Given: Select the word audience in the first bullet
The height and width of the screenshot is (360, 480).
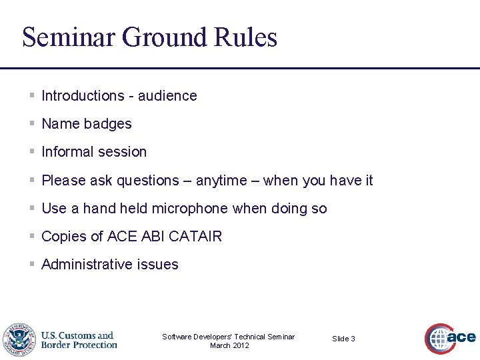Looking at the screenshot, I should (x=167, y=96).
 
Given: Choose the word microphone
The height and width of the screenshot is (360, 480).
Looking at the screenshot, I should (x=190, y=209).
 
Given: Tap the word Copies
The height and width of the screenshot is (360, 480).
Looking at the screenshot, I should (x=63, y=237).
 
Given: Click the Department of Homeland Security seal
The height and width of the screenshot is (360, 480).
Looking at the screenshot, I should (x=19, y=340).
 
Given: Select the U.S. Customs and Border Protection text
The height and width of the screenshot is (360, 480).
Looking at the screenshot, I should (x=79, y=340).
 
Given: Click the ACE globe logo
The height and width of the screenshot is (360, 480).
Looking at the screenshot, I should (x=441, y=339).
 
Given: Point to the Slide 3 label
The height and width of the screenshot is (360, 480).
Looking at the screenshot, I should (x=343, y=339).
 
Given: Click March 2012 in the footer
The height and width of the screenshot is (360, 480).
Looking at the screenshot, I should (x=229, y=345).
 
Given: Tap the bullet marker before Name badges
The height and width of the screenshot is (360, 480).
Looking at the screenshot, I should (x=32, y=124).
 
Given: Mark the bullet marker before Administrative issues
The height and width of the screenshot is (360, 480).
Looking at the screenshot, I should (x=32, y=265).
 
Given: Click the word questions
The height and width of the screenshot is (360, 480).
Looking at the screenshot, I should (x=148, y=181).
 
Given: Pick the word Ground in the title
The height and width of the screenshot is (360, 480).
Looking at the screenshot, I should (x=165, y=37).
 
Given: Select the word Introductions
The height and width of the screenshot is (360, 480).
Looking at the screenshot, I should (x=83, y=96).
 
